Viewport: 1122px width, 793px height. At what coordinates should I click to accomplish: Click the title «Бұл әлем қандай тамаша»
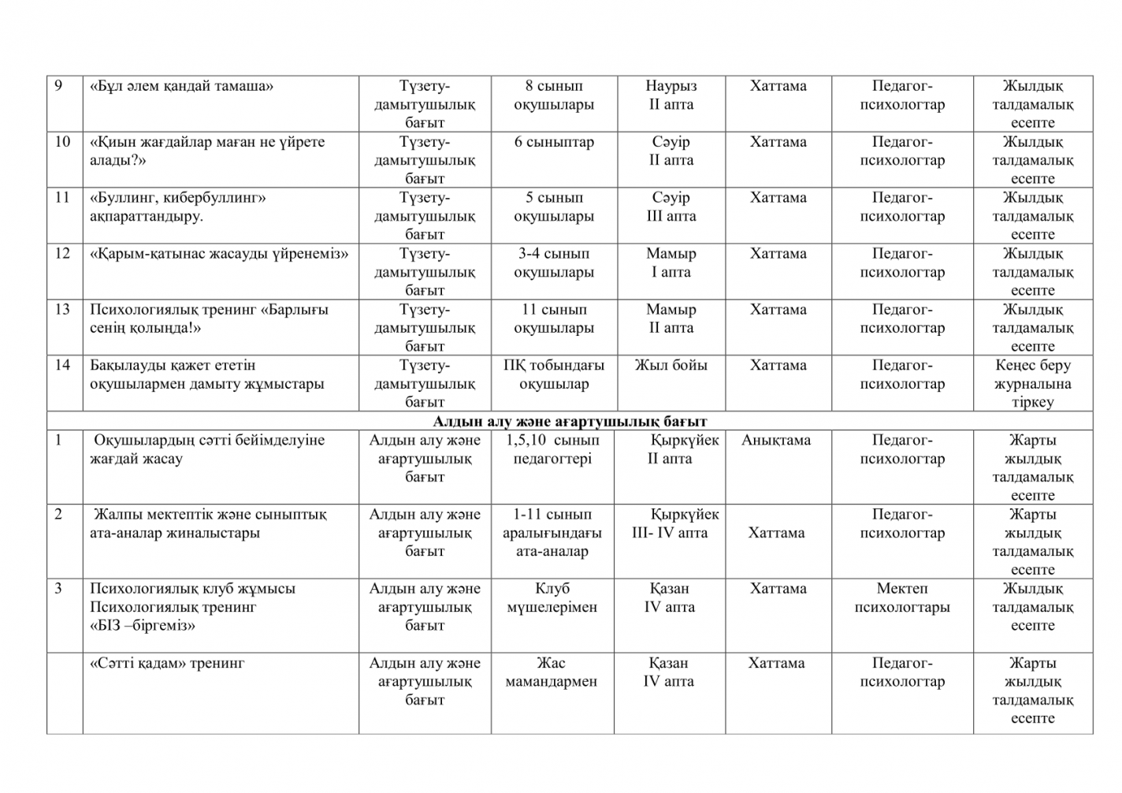click(x=181, y=86)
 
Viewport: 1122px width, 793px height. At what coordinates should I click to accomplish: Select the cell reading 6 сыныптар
click(x=554, y=142)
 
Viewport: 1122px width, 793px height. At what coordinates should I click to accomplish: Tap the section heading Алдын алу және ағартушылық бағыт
click(x=570, y=422)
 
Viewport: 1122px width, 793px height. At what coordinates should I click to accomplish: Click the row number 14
click(x=62, y=365)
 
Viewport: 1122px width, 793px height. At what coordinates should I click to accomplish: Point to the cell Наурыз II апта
click(x=671, y=95)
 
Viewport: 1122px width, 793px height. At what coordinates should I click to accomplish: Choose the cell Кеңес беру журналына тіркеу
click(x=1032, y=384)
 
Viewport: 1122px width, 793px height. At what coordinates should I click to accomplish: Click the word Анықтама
click(x=775, y=440)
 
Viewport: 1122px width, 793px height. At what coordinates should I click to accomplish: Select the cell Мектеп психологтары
click(x=902, y=598)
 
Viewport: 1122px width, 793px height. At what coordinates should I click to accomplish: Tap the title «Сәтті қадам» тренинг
click(x=167, y=663)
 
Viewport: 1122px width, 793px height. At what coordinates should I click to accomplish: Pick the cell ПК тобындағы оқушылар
click(x=554, y=375)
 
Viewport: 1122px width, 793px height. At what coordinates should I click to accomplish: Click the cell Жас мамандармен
click(x=552, y=672)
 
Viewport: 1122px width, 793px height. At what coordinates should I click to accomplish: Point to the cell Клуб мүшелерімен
click(x=552, y=598)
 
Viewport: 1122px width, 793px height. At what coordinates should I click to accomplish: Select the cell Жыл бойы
click(x=671, y=365)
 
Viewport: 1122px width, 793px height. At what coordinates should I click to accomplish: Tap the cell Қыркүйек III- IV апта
click(x=674, y=523)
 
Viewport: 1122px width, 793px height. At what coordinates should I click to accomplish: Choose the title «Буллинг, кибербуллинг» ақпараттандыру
click(x=177, y=207)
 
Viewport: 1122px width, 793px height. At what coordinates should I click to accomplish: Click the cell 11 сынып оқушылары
click(x=554, y=319)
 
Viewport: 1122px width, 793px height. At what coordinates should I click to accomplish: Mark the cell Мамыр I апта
click(x=671, y=263)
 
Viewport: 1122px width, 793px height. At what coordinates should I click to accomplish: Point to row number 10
click(x=63, y=142)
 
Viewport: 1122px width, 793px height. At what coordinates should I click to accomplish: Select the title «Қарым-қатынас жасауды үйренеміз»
click(x=219, y=254)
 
